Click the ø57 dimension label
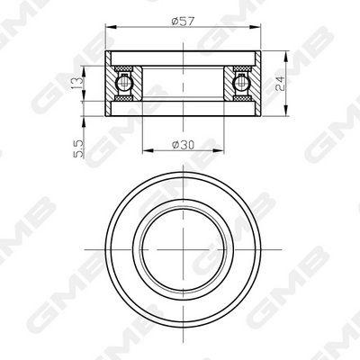[183, 22]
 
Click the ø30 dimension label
[183, 145]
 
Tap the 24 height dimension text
[280, 84]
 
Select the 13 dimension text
[76, 83]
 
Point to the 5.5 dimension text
[77, 148]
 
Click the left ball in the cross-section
[124, 83]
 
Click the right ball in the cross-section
[242, 83]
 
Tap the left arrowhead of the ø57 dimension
[111, 27]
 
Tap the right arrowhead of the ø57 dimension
[256, 27]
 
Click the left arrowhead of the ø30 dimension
[147, 150]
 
